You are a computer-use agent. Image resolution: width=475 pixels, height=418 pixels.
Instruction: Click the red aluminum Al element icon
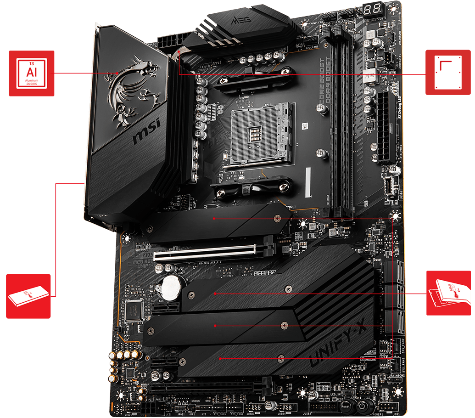tap(31, 73)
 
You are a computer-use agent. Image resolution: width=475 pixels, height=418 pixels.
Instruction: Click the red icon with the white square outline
tap(448, 73)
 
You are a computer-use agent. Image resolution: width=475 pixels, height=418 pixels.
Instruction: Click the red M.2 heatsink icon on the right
tap(449, 293)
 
